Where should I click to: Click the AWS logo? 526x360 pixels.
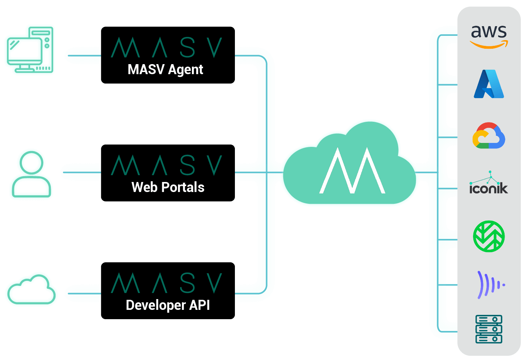489,37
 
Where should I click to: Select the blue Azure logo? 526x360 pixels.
489,84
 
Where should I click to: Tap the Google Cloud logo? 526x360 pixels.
489,136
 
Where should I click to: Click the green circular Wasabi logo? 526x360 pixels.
489,236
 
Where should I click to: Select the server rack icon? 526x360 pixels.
489,329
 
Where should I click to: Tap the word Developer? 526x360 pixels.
156,305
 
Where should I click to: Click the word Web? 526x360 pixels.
143,187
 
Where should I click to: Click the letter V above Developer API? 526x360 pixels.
214,283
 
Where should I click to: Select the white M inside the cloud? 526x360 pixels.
352,171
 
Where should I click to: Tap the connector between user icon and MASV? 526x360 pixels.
81,172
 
